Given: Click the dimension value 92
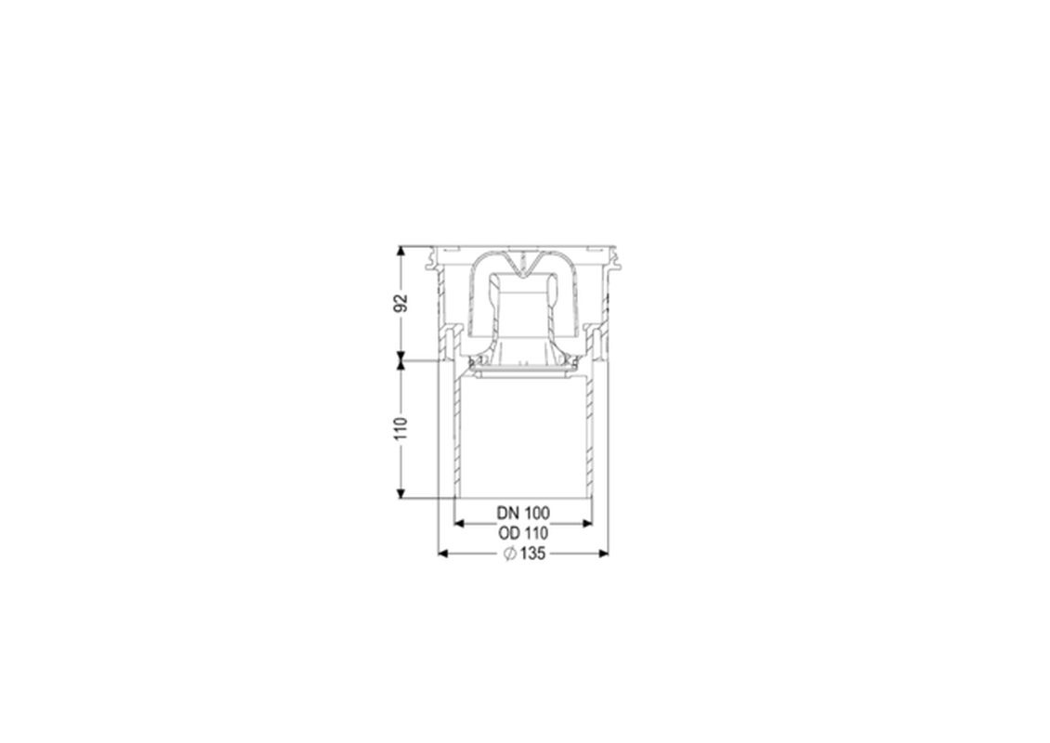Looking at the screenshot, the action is point(400,303).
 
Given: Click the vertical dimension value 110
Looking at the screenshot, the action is point(400,428).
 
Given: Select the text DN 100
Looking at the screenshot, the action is point(523,513).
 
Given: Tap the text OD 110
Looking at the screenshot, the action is point(523,533).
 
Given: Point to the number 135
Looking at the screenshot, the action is point(532,554).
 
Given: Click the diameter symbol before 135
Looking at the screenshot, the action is point(509,554).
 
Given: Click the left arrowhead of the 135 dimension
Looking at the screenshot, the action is point(442,553).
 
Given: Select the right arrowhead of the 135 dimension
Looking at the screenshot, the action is point(603,553).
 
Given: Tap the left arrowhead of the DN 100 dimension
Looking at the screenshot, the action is point(459,524).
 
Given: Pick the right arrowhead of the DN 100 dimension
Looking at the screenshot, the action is point(587,524).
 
